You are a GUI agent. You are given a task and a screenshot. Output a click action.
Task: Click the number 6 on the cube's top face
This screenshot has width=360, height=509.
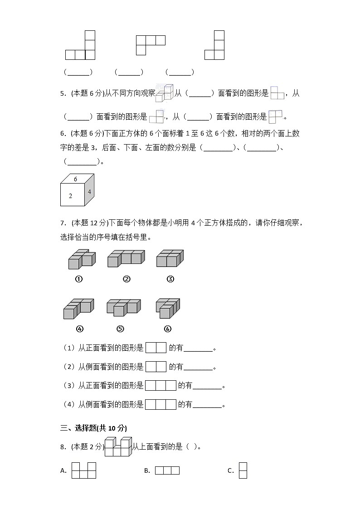coord(76,179)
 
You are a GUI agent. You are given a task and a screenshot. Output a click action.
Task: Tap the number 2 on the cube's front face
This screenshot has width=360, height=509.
coord(70,196)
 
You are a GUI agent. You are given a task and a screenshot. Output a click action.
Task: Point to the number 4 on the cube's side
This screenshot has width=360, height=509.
coord(89,192)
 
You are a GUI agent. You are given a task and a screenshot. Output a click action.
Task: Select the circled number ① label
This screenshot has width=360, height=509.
coord(78,279)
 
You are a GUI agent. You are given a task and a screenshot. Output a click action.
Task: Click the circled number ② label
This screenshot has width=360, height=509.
coord(126,279)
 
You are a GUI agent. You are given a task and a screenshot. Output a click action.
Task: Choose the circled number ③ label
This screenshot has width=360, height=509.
coord(170,279)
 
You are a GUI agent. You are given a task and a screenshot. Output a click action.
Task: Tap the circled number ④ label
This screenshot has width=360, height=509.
coord(80,329)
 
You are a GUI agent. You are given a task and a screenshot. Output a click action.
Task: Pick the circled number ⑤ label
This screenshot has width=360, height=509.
coord(120,329)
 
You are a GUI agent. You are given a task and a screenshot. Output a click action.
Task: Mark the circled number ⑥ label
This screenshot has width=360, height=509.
coord(167,329)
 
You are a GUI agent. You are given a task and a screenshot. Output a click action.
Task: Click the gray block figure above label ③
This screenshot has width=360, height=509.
coord(170,259)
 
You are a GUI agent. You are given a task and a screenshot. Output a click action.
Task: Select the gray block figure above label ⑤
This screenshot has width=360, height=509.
coord(123,307)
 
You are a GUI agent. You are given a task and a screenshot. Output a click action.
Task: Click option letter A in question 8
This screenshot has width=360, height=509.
coord(63,471)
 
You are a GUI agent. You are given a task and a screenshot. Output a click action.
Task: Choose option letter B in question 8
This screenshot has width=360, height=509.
coord(147,471)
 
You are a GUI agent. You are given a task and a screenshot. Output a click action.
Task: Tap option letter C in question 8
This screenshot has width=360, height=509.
coord(230,471)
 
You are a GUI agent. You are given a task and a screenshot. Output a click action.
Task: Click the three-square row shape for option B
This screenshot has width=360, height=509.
coord(167,470)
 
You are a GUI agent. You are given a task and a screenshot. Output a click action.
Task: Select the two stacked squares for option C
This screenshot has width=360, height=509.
coord(243,470)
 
